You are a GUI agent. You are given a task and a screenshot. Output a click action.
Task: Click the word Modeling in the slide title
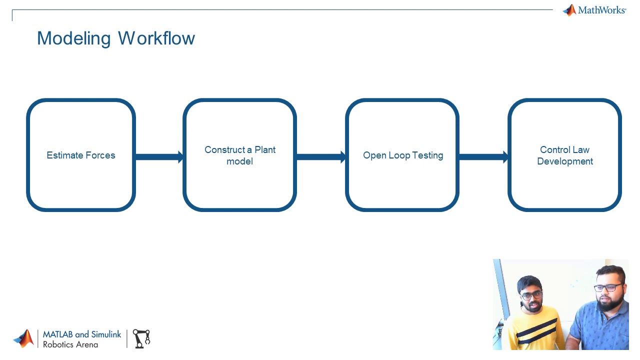73,38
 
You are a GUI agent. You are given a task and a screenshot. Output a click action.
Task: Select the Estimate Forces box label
81,155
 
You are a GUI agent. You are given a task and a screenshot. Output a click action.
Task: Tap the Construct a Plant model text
240,155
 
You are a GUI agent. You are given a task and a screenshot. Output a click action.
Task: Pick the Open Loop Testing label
403,155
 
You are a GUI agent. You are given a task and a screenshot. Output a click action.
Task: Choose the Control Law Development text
565,155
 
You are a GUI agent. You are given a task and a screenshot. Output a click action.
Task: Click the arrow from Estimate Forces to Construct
159,157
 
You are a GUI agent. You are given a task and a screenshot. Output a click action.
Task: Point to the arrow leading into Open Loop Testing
320,157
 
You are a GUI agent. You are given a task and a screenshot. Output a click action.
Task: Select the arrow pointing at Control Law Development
483,157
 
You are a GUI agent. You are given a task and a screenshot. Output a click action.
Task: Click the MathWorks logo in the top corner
594,10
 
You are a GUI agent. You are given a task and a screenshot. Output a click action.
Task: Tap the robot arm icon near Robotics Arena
141,338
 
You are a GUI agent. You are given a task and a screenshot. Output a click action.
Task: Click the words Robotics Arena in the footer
70,344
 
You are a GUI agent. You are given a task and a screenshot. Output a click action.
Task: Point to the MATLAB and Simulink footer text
82,334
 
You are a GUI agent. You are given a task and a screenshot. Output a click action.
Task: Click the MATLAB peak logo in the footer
23,338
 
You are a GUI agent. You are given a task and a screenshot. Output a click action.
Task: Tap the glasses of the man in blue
608,287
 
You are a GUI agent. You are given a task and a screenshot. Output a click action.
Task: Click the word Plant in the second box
265,150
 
